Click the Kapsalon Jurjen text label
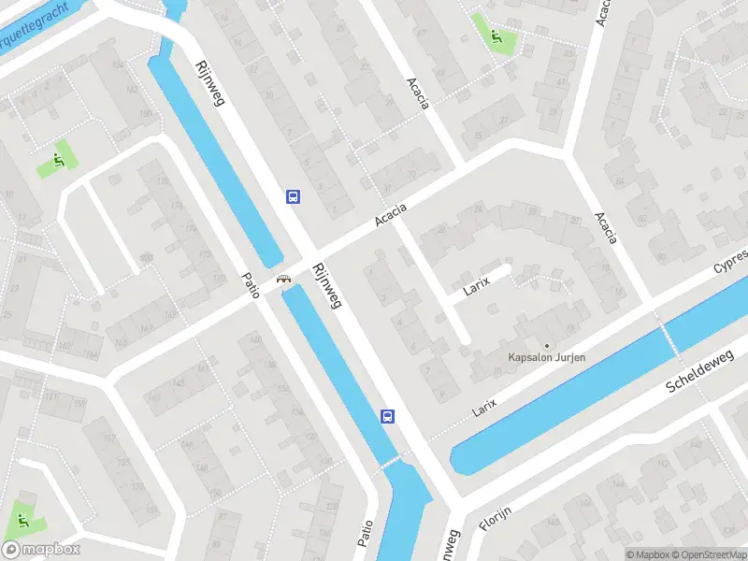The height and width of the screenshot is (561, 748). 546,357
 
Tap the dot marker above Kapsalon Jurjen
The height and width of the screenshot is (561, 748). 547,345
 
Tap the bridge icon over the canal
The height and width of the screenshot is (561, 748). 281,278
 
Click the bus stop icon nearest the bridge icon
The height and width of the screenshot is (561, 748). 293,196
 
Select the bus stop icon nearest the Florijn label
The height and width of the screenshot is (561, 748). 386,416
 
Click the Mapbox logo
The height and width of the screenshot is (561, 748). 41,550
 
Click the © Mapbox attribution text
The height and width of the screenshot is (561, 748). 647,554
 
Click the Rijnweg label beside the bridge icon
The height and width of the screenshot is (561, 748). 328,284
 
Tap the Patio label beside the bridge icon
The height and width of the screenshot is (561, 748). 250,284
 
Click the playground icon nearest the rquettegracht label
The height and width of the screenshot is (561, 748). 58,162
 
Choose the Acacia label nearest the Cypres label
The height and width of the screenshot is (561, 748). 606,228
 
